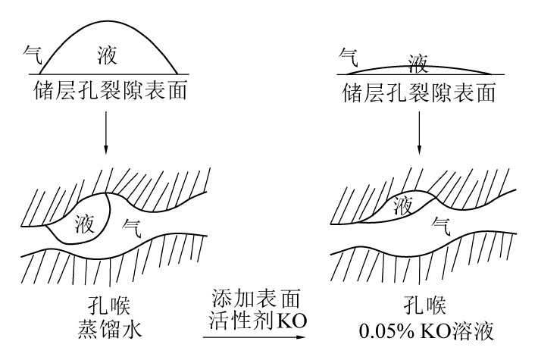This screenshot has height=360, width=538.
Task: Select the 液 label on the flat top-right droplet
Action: tap(418, 61)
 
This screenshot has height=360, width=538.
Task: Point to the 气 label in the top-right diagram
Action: tap(349, 55)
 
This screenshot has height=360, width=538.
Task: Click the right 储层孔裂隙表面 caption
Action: tap(419, 93)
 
